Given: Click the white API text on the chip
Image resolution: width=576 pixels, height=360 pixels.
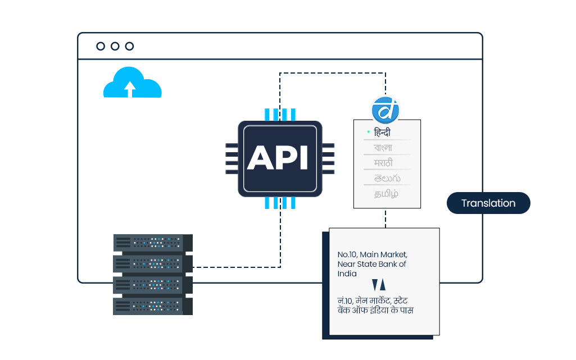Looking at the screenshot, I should [279, 158].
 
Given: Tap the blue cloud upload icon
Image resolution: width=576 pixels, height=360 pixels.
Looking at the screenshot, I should [133, 83].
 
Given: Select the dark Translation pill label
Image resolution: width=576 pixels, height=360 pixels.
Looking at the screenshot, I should [488, 203].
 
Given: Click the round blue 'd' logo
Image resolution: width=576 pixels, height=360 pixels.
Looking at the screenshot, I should [385, 110].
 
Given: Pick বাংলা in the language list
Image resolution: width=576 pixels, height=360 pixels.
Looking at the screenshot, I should [383, 148].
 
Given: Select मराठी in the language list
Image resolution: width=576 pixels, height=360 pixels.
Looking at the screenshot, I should [383, 163].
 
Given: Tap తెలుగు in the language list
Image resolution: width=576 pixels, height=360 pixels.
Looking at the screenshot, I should [386, 178].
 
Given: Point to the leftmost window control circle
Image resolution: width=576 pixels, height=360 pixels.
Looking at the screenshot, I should [101, 46].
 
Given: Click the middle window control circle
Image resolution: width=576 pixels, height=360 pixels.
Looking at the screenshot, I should [115, 46].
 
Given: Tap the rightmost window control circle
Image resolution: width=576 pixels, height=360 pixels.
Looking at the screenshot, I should [130, 46].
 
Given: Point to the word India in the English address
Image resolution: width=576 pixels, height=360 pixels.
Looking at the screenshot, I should [347, 274].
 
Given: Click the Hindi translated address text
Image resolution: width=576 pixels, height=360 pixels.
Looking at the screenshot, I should [375, 306].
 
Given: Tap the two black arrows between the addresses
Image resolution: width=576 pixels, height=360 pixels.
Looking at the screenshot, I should [379, 285].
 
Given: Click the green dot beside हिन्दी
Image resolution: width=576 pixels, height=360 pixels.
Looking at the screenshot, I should [368, 132].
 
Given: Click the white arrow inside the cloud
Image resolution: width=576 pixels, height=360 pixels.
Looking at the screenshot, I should [130, 89].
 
